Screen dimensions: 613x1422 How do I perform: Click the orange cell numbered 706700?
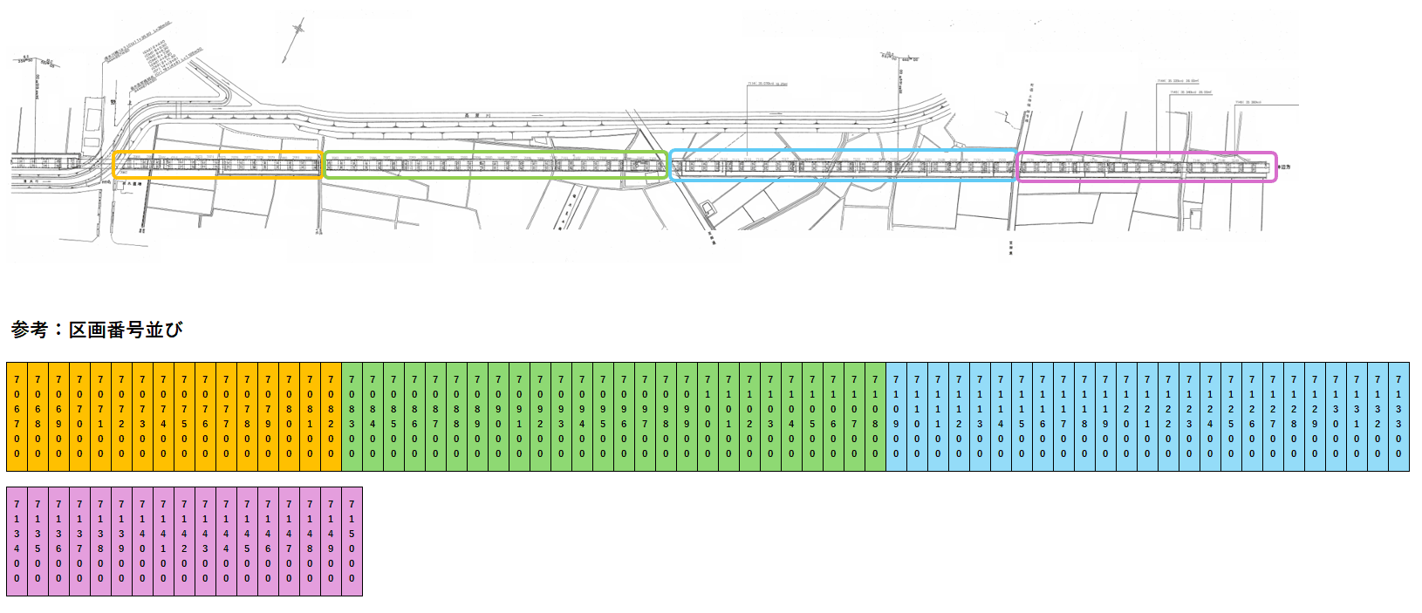click(x=17, y=416)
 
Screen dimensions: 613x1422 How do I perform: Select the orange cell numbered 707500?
click(x=184, y=416)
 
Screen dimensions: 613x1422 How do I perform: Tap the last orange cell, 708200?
click(x=331, y=416)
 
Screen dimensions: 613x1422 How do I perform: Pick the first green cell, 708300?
click(x=352, y=416)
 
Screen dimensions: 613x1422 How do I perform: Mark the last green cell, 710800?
click(x=875, y=416)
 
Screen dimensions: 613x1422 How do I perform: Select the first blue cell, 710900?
click(x=896, y=416)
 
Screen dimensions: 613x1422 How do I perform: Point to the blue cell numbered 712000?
click(x=1126, y=416)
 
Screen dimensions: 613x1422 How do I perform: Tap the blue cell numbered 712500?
click(x=1231, y=416)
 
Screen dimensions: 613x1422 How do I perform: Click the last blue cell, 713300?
click(x=1398, y=416)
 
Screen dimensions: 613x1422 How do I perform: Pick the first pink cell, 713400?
click(x=17, y=541)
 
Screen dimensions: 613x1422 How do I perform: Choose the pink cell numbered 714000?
click(x=142, y=541)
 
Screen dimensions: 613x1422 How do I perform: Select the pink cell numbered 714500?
click(x=247, y=541)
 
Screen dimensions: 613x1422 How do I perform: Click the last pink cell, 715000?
click(x=352, y=541)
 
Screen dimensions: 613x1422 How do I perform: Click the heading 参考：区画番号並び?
click(x=97, y=330)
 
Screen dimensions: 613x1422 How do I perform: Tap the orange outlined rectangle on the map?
click(x=217, y=165)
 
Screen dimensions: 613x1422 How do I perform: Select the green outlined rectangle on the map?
click(x=495, y=165)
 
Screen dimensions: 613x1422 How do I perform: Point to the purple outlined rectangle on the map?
click(x=1146, y=167)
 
